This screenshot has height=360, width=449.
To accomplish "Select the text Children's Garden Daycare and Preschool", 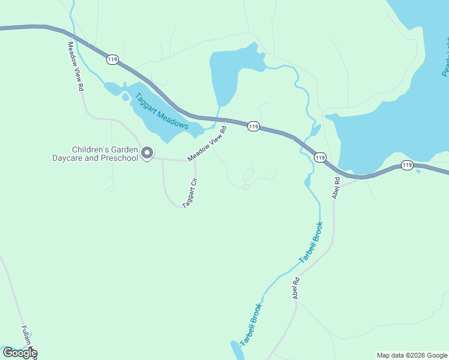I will click(x=105, y=154).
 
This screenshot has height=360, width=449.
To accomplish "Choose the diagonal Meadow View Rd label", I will click(x=207, y=143).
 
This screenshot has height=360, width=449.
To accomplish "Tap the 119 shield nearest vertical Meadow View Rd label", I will click(x=112, y=59).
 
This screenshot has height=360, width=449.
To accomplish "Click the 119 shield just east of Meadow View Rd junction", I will click(x=253, y=127).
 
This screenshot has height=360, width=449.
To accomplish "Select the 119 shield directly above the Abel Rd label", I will click(x=320, y=157).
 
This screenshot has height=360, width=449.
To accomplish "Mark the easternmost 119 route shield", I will click(x=407, y=165).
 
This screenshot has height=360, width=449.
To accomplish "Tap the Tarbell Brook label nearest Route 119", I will click(x=311, y=243).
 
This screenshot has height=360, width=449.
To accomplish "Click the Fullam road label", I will click(x=28, y=339).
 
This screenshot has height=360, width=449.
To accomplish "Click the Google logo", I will click(x=20, y=353).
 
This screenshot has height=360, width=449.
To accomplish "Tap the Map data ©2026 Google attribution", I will click(x=412, y=355).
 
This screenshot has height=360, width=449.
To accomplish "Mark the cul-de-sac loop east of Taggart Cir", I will click(x=249, y=178).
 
